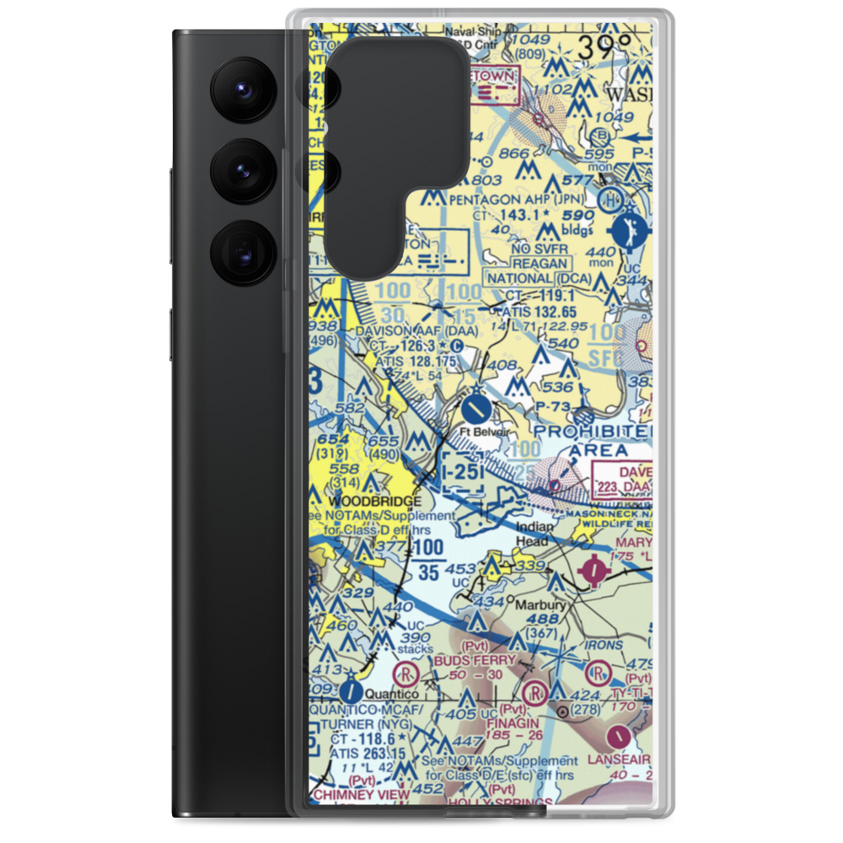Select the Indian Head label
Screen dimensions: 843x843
(535, 533)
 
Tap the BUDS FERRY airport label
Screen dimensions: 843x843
(475, 660)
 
